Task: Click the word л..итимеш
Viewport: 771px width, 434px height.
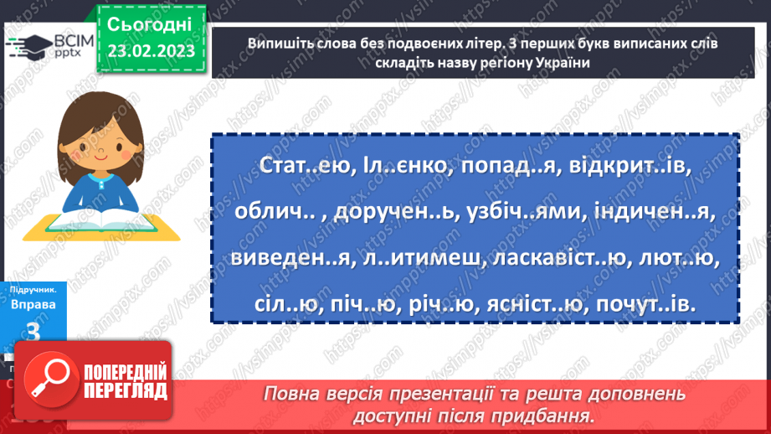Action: click(x=424, y=261)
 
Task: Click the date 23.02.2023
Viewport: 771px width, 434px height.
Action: click(x=151, y=50)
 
